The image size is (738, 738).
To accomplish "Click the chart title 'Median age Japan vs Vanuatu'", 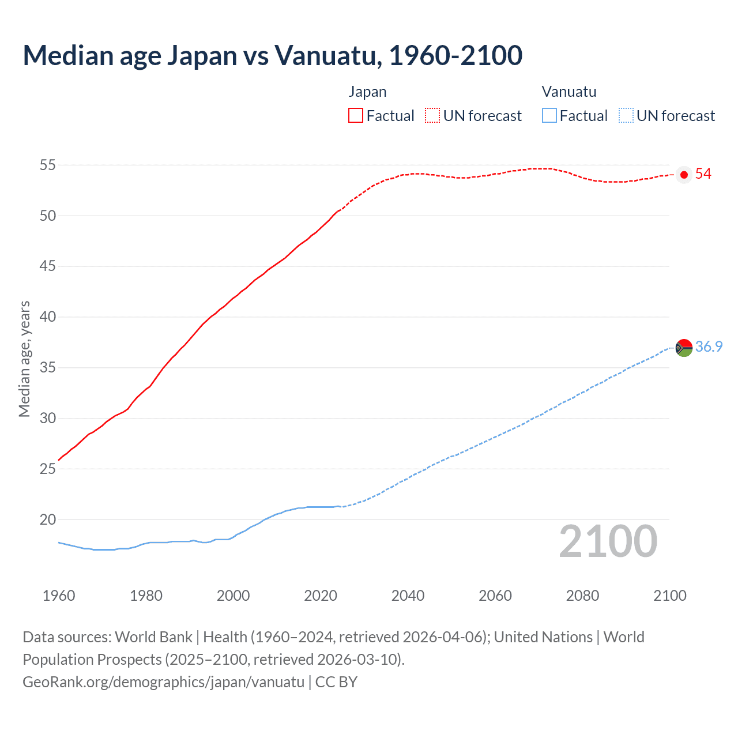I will [272, 55].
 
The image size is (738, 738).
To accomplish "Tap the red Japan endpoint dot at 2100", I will [684, 175].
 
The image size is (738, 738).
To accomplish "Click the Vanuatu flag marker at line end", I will [684, 348].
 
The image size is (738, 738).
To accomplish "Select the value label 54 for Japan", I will [703, 174].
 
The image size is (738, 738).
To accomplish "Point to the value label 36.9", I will [709, 347].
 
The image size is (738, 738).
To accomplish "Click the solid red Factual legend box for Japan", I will [356, 115].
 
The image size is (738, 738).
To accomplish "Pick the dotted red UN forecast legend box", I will [432, 115].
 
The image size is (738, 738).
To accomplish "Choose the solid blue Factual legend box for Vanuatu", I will [549, 115].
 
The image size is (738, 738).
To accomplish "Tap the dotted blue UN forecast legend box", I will [626, 115].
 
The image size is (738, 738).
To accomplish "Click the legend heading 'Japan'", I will [367, 92].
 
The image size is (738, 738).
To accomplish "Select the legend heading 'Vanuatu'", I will [568, 92].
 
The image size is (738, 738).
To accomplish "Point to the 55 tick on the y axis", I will [47, 165].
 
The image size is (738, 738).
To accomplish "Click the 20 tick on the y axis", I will [47, 519].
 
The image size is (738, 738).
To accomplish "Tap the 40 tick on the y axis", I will [47, 317].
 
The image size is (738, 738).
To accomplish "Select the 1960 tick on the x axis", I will [59, 596].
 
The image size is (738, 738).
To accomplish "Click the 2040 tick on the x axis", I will [408, 596].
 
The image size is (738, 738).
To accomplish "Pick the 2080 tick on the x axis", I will [582, 596].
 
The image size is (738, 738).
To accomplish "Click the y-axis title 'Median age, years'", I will [24, 359].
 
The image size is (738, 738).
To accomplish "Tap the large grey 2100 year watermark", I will [608, 541].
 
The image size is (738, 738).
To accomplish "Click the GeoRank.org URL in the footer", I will [163, 682].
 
